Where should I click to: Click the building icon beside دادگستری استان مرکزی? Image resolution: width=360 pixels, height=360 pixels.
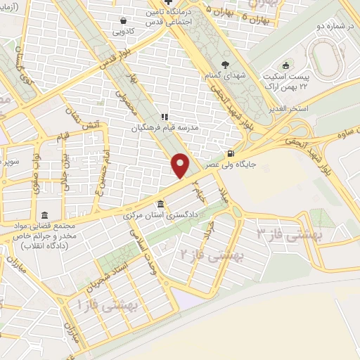162,205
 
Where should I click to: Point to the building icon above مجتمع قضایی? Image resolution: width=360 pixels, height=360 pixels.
46,214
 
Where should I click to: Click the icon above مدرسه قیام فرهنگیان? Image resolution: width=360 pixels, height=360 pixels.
165,117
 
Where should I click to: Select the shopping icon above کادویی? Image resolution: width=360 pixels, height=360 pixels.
124,21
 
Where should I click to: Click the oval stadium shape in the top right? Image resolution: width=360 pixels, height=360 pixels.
324,54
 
